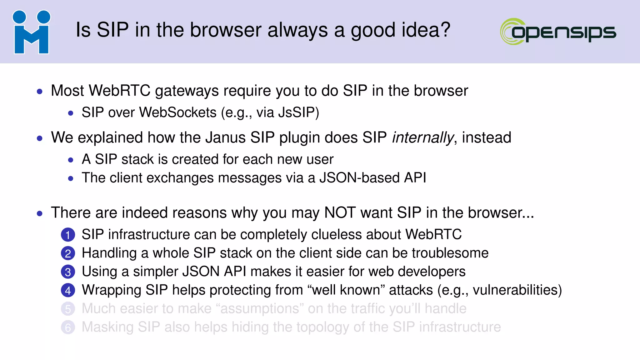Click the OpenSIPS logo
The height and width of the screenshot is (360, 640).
[x=558, y=32]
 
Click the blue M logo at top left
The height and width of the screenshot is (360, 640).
[x=32, y=32]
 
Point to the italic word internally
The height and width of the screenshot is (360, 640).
[x=422, y=138]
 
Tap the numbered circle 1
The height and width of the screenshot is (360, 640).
[x=68, y=235]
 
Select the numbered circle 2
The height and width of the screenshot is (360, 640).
[x=68, y=253]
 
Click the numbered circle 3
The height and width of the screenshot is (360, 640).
[x=68, y=272]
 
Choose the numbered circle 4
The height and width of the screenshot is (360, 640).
[x=68, y=291]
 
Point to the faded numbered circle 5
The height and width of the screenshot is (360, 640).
[x=68, y=309]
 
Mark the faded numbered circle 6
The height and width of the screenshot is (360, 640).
[x=68, y=327]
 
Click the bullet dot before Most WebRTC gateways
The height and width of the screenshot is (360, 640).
[x=40, y=92]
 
